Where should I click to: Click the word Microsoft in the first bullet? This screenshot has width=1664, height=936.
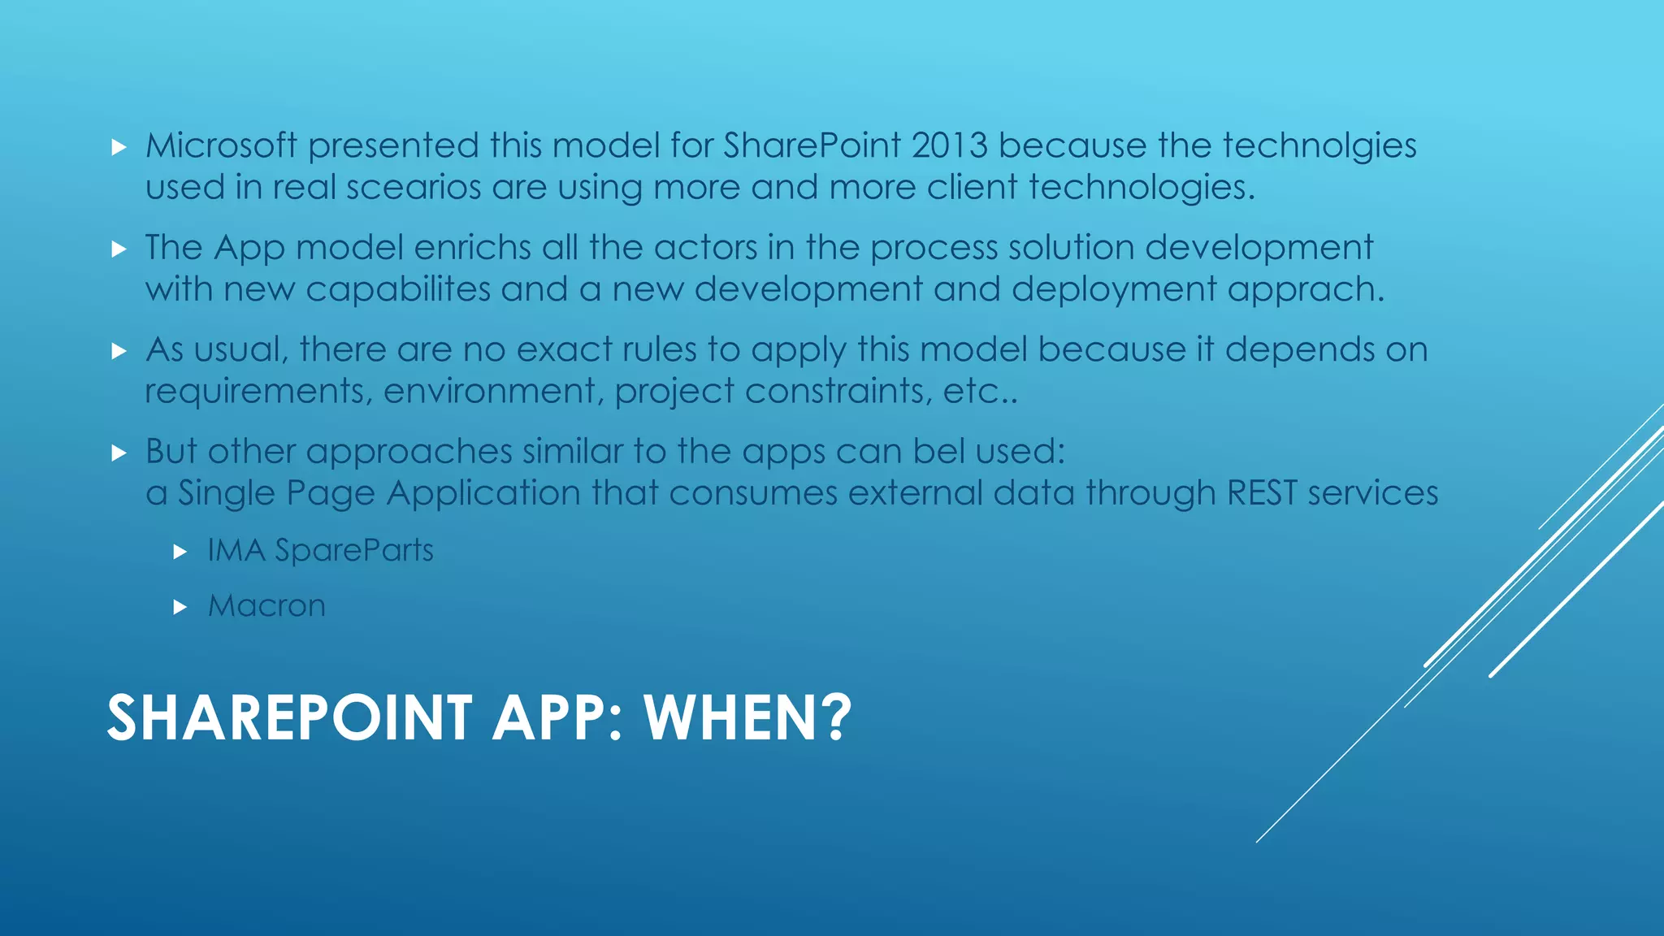[221, 146]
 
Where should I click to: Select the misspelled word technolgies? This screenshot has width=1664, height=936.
[1319, 146]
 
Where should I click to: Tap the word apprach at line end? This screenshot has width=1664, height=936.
[1305, 290]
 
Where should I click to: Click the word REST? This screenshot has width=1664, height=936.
[1262, 493]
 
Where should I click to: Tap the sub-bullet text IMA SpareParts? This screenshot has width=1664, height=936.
[320, 551]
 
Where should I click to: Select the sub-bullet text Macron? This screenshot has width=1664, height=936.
[266, 606]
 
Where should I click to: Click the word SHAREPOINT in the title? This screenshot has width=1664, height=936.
[289, 718]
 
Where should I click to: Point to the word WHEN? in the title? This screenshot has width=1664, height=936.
[747, 718]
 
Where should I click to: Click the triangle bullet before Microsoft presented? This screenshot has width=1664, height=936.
[119, 148]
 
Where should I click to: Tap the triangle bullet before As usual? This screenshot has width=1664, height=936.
[119, 352]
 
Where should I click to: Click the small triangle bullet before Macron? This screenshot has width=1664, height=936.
[180, 607]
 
